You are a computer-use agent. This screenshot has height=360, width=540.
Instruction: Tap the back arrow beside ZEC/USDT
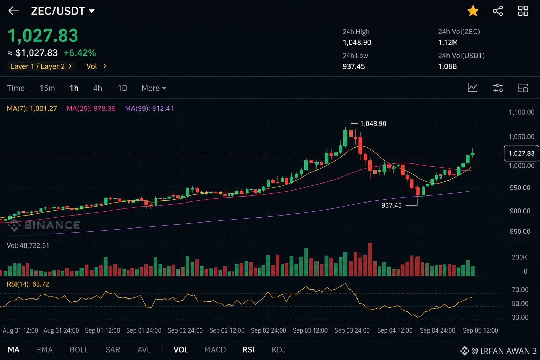tap(13, 11)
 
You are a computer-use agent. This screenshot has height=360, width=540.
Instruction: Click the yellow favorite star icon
tap(473, 11)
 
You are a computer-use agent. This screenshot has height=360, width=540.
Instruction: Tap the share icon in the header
tap(498, 11)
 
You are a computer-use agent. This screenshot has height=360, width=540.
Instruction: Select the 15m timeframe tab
tap(47, 88)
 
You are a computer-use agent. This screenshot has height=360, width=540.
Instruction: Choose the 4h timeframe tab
tap(97, 88)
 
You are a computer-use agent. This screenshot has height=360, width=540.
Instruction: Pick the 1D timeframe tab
tap(122, 88)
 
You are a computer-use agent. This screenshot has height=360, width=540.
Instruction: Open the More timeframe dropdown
tap(154, 88)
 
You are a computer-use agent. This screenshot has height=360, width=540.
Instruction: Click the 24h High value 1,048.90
tap(357, 43)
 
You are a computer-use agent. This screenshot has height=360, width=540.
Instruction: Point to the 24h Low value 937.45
tap(354, 66)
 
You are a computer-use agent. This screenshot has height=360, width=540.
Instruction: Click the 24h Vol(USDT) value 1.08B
tap(448, 66)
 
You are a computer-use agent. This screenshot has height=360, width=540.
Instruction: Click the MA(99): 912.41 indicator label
tap(149, 109)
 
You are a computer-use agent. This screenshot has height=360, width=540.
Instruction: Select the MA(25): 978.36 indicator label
tap(91, 109)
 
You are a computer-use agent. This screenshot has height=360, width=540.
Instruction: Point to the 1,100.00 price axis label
tap(521, 112)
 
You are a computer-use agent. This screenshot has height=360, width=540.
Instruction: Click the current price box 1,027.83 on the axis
tap(521, 153)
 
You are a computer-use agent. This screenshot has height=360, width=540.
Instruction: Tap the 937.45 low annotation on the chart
tap(392, 205)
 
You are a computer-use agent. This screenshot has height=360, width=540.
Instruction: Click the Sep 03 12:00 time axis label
tap(310, 330)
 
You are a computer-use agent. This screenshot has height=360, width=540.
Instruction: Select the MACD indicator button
tap(215, 350)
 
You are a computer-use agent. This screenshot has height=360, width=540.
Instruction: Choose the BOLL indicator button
tap(79, 350)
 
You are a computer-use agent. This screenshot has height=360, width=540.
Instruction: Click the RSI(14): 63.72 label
tap(28, 284)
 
